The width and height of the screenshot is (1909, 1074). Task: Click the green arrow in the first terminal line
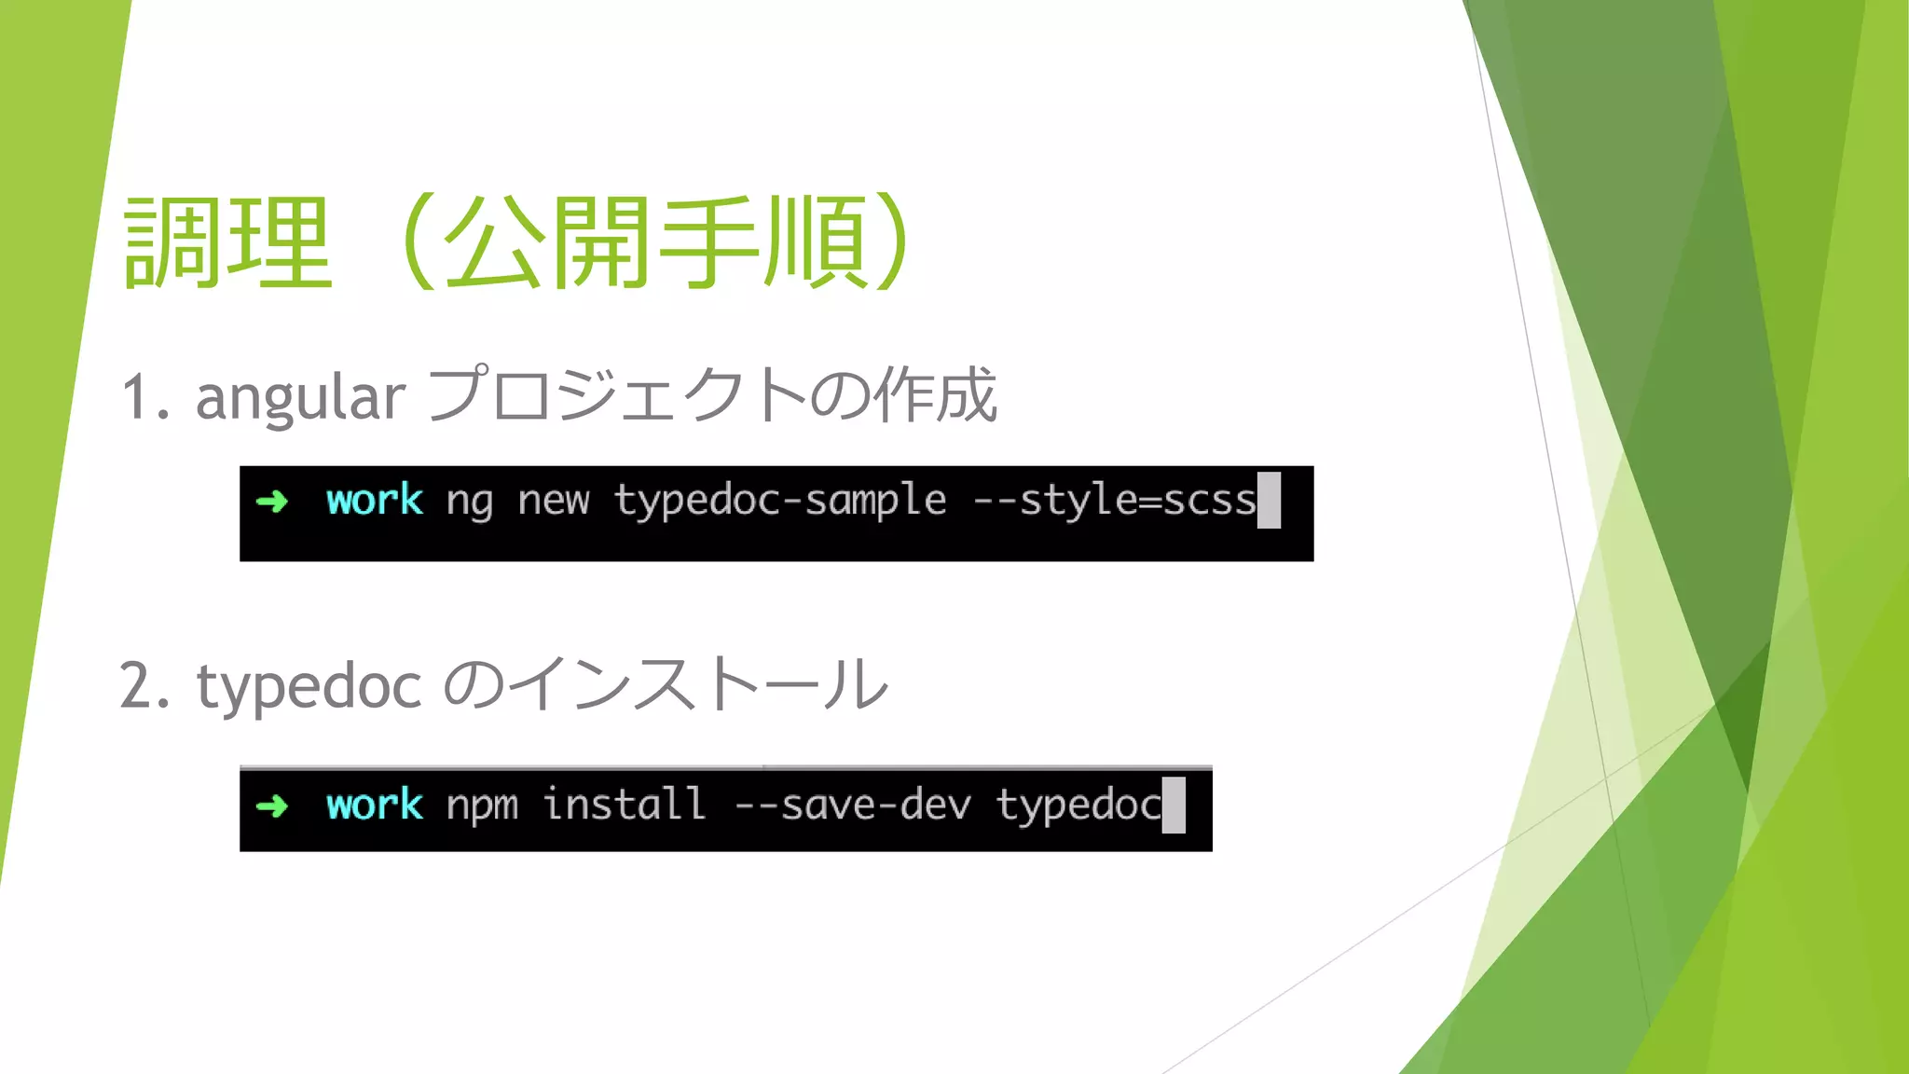[272, 502]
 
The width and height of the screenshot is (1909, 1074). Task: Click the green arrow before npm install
[272, 805]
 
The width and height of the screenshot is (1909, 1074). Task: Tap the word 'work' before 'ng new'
[375, 501]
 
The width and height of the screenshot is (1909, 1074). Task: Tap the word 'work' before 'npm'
[375, 805]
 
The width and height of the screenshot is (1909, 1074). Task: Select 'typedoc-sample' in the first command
[780, 501]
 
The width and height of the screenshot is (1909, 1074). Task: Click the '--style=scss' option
[1114, 501]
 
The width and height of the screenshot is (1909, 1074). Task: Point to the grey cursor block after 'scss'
[1269, 501]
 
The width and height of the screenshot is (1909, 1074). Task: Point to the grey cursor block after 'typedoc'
[1174, 805]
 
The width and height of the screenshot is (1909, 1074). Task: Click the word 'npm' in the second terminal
[482, 805]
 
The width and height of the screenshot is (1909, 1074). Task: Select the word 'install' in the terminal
[624, 804]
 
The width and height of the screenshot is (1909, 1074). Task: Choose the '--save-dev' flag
[853, 805]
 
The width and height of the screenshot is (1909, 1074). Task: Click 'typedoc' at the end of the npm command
[1078, 805]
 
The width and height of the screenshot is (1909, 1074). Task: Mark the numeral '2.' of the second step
[145, 686]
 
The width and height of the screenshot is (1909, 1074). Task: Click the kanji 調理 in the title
[227, 242]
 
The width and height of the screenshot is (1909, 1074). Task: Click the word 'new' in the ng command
[554, 502]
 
